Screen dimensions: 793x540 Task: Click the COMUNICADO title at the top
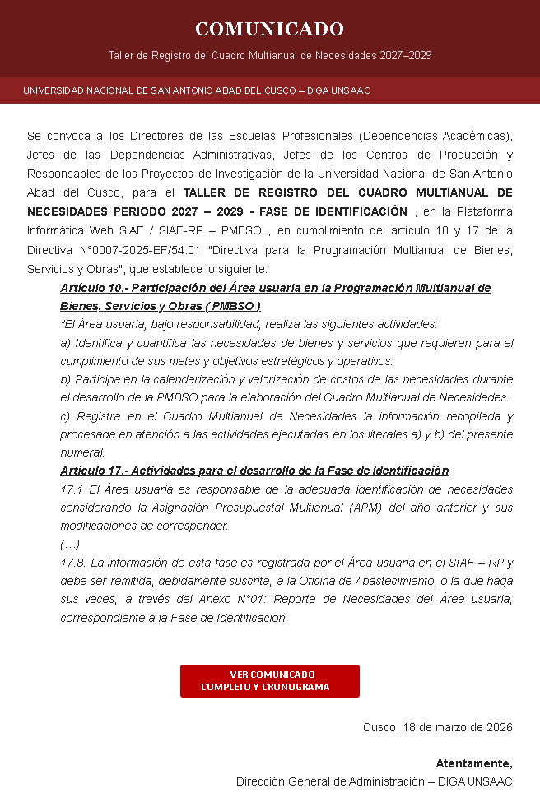[269, 30]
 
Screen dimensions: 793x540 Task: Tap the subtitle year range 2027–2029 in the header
[406, 56]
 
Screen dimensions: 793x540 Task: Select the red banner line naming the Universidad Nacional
[197, 90]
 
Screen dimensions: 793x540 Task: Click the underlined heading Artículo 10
[275, 289]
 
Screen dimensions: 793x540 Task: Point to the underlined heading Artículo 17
[254, 471]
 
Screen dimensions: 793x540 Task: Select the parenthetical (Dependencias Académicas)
[435, 136]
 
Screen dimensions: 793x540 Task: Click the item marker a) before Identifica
[65, 343]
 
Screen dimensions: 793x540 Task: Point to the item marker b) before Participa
[65, 379]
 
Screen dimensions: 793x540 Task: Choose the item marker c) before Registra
[65, 416]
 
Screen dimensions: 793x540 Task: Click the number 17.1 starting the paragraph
[72, 489]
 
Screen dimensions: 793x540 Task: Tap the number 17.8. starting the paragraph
[73, 563]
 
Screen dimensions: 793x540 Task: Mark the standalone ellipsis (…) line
[70, 544]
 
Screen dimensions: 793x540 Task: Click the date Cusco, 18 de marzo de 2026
[437, 728]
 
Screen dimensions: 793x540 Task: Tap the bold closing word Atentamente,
[473, 763]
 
